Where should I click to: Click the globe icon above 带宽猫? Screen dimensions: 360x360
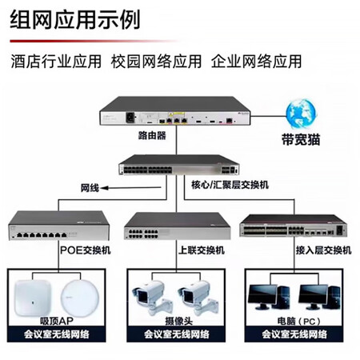301,114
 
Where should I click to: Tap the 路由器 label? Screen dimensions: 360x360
152,135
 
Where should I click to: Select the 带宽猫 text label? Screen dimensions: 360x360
301,139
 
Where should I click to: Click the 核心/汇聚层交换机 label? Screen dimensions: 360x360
230,185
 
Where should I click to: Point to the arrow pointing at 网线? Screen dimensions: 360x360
131,188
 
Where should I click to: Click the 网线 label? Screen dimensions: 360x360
90,188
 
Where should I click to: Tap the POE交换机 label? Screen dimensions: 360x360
86,250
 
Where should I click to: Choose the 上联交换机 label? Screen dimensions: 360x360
202,250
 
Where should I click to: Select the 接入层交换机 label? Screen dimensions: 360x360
323,250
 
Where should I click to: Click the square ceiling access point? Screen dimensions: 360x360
33,298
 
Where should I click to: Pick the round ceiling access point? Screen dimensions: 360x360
80,298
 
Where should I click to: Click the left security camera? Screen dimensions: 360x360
151,297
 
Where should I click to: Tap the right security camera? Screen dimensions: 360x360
198,297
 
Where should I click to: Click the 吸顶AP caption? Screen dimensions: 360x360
57,321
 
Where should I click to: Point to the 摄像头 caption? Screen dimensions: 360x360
178,321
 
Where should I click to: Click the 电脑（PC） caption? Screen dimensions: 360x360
298,321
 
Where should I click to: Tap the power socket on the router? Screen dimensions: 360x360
130,118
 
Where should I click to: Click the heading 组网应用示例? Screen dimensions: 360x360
75,19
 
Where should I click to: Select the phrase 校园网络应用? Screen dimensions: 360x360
156,61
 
